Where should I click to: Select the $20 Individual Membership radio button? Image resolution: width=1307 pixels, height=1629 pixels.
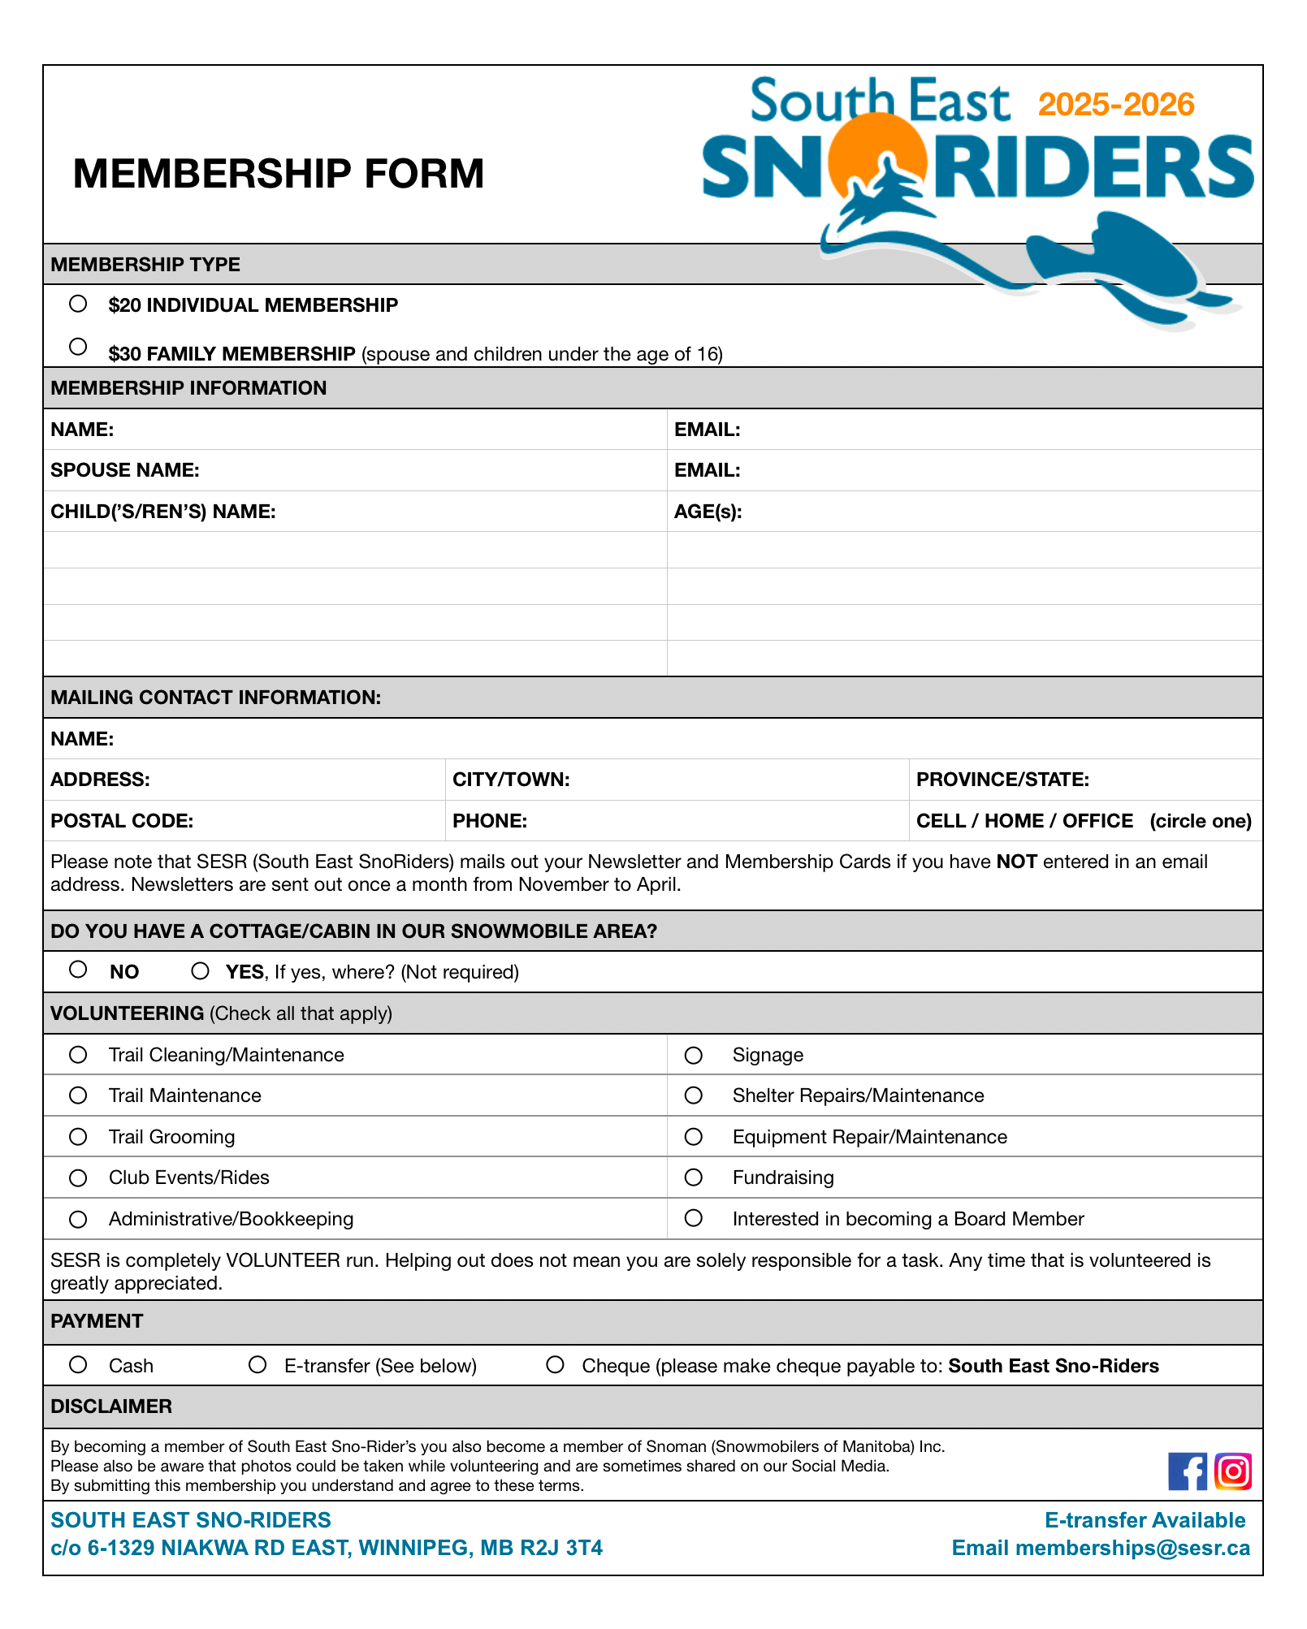click(78, 304)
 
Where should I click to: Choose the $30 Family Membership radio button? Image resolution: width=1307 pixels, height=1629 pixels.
click(78, 347)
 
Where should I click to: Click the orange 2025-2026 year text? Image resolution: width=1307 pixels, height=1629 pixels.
click(1116, 105)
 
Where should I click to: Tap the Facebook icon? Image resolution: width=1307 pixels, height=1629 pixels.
click(1188, 1471)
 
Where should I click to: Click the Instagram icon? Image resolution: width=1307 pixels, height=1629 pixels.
click(1233, 1471)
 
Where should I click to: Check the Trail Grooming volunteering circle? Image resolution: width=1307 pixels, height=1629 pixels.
click(78, 1137)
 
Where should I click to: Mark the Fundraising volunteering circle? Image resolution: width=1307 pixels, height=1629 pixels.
click(693, 1177)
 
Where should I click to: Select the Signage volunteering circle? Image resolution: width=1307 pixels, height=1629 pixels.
click(693, 1055)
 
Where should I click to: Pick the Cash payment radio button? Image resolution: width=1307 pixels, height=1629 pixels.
click(78, 1365)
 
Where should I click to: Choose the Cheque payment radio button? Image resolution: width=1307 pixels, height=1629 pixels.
click(555, 1365)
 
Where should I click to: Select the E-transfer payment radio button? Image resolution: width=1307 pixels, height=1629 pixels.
click(258, 1365)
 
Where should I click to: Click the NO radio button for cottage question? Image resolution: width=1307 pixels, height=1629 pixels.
click(78, 970)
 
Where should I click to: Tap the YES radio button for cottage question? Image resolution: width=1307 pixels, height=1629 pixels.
click(200, 971)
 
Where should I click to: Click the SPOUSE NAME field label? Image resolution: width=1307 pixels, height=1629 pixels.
click(125, 470)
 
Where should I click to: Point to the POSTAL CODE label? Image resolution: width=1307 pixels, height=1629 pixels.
click(122, 821)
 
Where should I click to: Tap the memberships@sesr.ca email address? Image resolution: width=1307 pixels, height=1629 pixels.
click(1132, 1548)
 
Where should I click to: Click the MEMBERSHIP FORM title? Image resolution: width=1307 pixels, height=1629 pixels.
click(278, 174)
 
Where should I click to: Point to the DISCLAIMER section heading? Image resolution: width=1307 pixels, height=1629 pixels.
click(111, 1406)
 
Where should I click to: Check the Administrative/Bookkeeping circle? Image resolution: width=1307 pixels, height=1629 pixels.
click(78, 1219)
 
